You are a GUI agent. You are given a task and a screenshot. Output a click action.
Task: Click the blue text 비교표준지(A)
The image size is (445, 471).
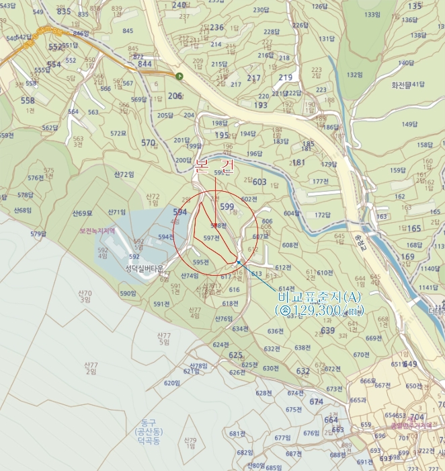point(319,297)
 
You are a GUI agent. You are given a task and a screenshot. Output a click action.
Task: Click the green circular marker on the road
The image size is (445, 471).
point(179,77)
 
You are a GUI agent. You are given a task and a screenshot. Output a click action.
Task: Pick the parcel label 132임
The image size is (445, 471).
point(354,75)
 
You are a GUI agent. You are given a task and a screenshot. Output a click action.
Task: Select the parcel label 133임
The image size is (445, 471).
point(372,14)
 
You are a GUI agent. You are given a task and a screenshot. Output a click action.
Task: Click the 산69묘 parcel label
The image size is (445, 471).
point(82,213)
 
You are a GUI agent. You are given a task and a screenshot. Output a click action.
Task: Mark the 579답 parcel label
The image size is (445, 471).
point(38,234)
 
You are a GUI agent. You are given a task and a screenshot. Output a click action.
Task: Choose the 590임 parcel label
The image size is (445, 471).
point(128,293)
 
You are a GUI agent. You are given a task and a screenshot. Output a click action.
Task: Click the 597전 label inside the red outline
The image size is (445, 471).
point(212,238)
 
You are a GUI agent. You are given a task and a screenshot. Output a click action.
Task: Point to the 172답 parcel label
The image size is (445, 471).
point(323,215)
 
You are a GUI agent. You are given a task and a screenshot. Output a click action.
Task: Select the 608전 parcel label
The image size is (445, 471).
point(290,246)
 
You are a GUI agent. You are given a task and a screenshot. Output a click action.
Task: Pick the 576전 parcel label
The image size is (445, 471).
point(36,178)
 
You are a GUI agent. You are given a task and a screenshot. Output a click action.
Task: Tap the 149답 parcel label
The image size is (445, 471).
point(409,124)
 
